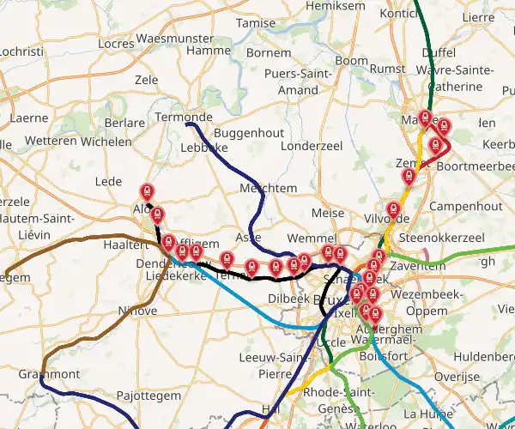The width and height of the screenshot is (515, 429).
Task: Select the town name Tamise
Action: pyautogui.click(x=257, y=24)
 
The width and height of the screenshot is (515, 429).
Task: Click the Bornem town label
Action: pyautogui.click(x=269, y=53)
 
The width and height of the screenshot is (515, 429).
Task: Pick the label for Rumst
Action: pyautogui.click(x=388, y=69)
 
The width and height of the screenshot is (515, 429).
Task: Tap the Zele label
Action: pyautogui.click(x=147, y=79)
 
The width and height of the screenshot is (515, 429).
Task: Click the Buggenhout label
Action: pyautogui.click(x=248, y=135)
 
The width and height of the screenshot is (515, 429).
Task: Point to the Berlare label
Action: pyautogui.click(x=124, y=123)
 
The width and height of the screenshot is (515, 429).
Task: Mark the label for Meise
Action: pyautogui.click(x=328, y=213)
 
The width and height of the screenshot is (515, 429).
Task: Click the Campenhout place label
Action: pyautogui.click(x=464, y=207)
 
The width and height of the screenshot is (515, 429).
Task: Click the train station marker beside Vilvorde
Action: pyautogui.click(x=393, y=208)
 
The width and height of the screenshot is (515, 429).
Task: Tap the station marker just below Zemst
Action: pyautogui.click(x=409, y=177)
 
